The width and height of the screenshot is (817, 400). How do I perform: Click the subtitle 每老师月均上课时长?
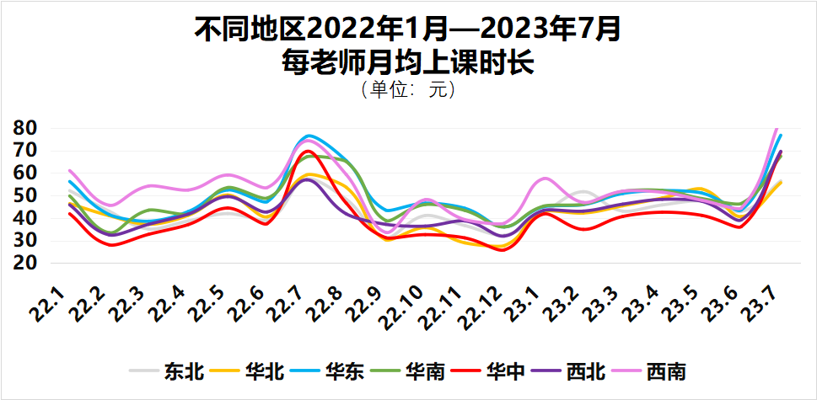408,61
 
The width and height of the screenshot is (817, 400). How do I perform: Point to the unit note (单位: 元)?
408,88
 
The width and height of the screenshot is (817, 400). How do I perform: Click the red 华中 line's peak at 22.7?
308,152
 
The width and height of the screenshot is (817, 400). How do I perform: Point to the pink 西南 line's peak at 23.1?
545,179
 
